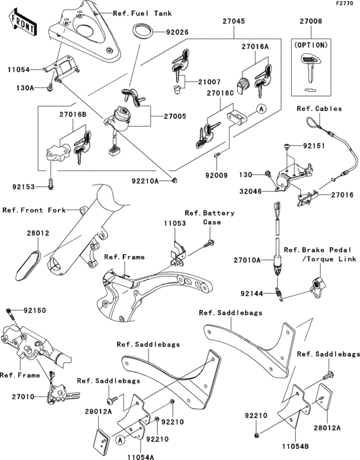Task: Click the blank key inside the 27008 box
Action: click(310, 69)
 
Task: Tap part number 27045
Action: click(233, 20)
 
